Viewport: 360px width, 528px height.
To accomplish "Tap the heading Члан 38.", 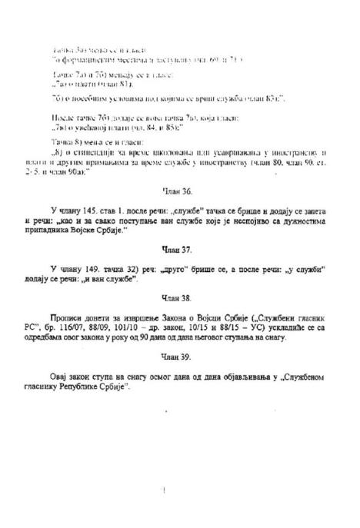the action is (180, 296).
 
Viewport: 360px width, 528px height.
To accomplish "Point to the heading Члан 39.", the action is (180, 356).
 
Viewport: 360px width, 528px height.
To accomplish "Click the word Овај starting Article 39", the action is (62, 376).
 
